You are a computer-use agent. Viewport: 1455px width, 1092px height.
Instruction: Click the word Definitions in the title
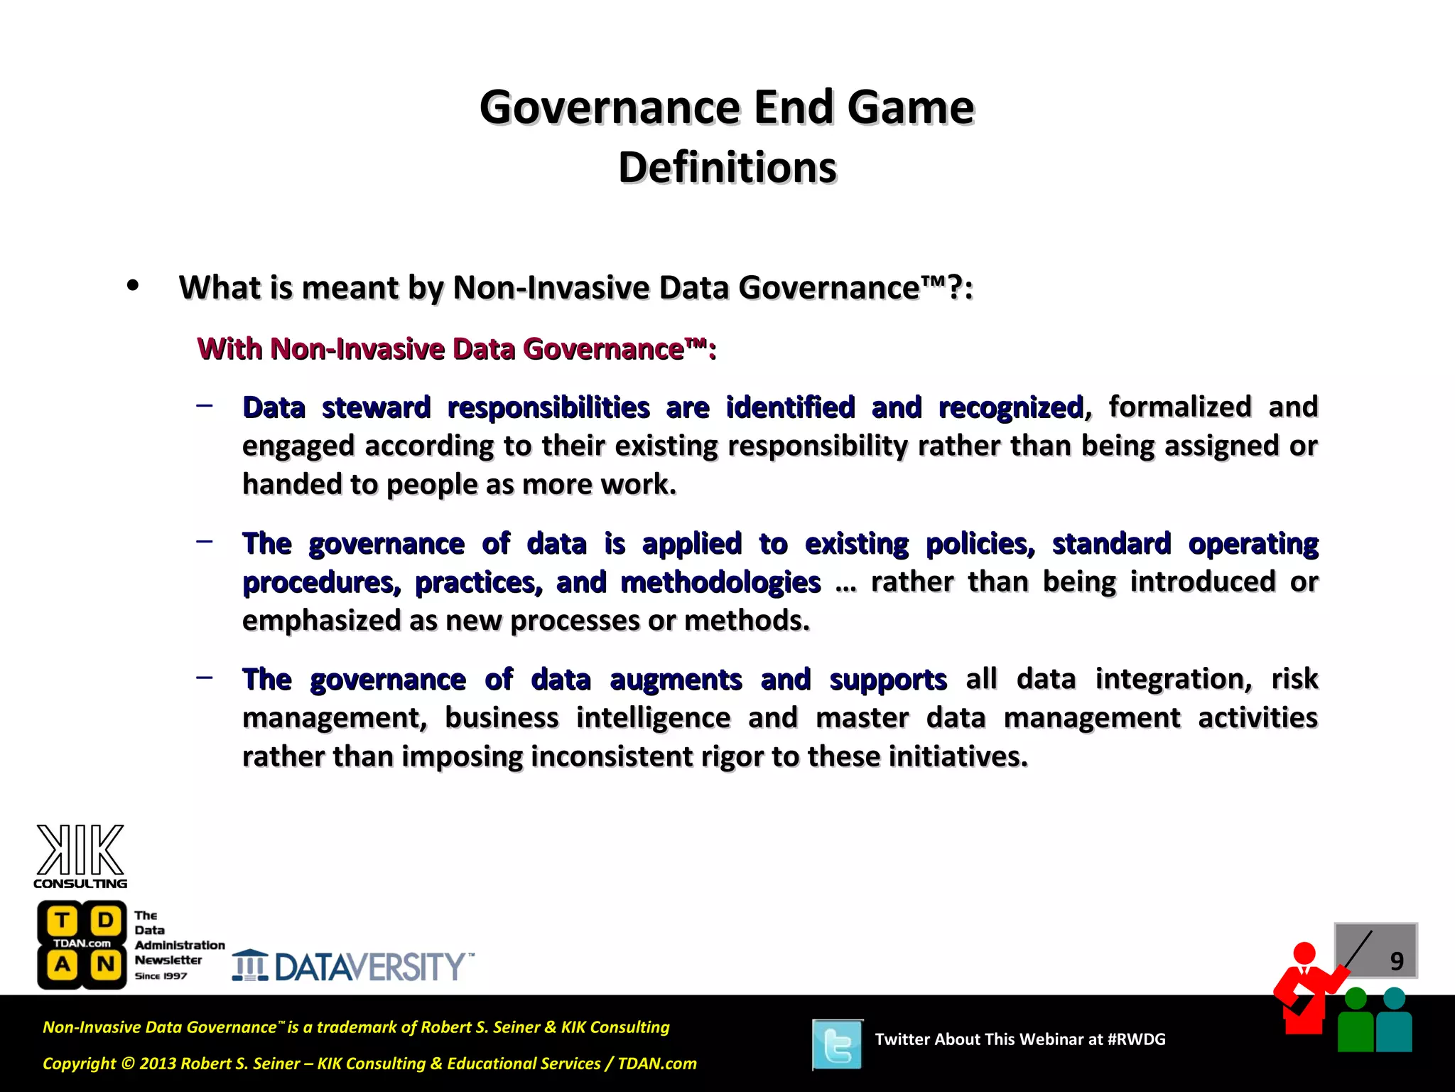(727, 168)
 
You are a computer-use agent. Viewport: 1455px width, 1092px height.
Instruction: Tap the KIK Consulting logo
(80, 856)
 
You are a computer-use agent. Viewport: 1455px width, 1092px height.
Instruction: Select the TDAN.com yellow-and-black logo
(82, 945)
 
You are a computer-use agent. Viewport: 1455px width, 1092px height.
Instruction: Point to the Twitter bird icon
(838, 1044)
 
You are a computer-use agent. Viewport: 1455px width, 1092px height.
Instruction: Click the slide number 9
(1397, 961)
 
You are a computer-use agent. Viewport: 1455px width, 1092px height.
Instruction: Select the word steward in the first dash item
(376, 408)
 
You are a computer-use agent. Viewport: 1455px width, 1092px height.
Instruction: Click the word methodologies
(720, 583)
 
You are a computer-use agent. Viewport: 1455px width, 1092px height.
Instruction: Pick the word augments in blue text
(676, 680)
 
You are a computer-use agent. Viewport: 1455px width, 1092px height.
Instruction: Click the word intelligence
(653, 718)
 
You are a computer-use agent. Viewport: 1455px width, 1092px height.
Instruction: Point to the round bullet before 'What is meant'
(132, 286)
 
